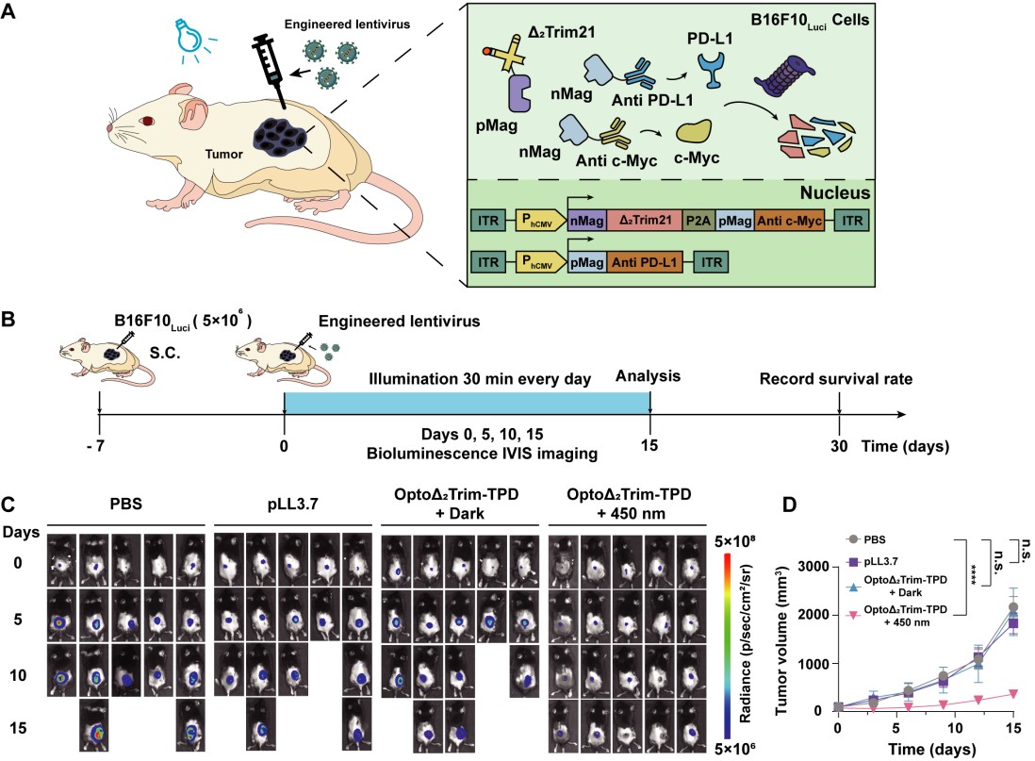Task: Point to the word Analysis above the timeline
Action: [x=649, y=350]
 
